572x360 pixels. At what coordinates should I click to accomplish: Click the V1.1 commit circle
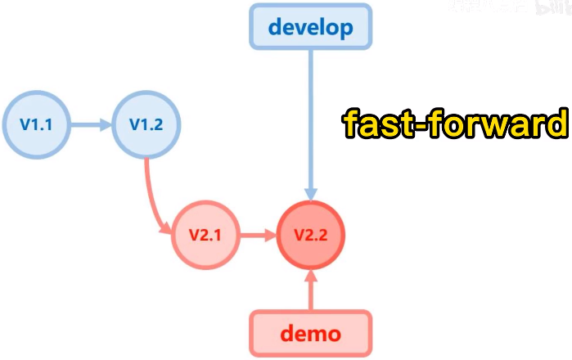[37, 125]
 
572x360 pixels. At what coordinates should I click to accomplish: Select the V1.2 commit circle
[146, 125]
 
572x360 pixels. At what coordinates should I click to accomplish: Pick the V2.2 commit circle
[311, 235]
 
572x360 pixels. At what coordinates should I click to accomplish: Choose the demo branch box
[310, 333]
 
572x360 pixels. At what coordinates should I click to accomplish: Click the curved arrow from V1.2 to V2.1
[153, 196]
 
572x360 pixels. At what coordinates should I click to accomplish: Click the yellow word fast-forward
[454, 125]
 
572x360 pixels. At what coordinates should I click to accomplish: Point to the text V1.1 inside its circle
[37, 125]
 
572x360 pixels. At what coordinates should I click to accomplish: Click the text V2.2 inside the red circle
[311, 235]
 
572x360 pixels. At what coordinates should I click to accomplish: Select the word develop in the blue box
[310, 27]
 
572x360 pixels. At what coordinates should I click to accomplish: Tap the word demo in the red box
[310, 334]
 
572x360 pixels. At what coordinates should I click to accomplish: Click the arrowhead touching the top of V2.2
[311, 191]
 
